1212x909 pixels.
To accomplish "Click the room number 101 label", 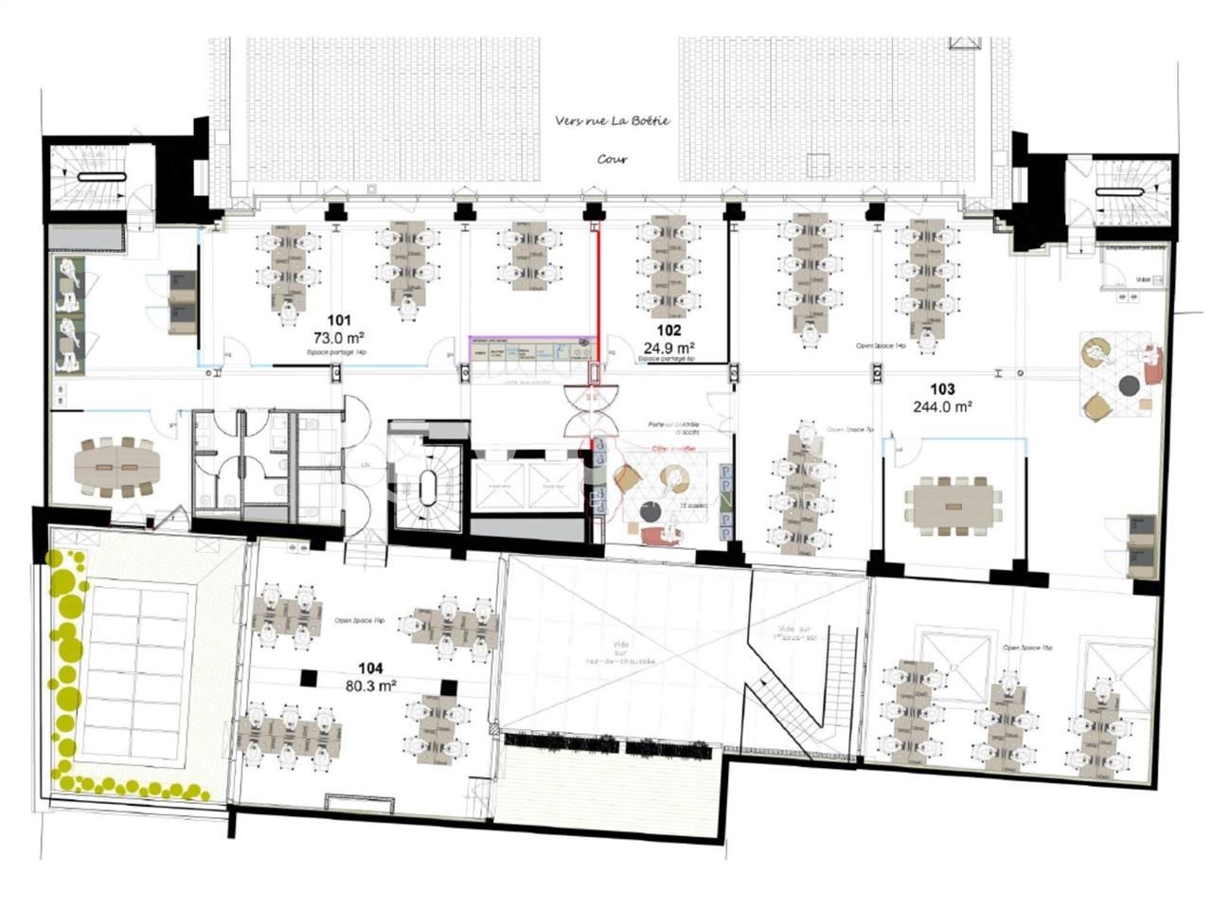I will (x=339, y=320).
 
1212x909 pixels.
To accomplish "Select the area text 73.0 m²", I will (x=339, y=336).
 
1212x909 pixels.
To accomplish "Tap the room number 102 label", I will (x=668, y=330).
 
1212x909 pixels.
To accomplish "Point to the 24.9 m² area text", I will (x=668, y=347).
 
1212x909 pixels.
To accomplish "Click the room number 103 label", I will (x=942, y=389).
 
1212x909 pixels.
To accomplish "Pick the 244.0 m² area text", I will (x=942, y=406).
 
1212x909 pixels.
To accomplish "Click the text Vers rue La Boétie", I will (x=613, y=121).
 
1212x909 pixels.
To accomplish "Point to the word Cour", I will (x=612, y=159).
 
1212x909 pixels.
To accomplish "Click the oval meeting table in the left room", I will (x=117, y=467).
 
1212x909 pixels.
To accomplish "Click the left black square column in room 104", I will (x=307, y=677).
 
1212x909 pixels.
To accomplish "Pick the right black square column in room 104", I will (x=448, y=687).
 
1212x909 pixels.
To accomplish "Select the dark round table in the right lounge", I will (x=1129, y=384).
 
